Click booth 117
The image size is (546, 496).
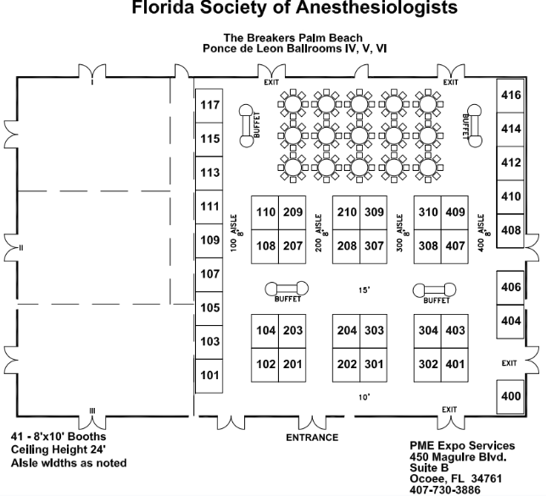209,105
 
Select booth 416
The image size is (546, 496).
510,96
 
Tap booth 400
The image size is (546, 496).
510,397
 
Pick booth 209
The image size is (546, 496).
292,212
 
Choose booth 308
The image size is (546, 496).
427,246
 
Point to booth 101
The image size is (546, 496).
209,376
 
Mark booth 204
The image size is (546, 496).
347,331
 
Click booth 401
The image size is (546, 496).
454,365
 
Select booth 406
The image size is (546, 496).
510,288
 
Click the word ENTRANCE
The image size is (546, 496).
312,438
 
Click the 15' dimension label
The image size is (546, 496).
365,289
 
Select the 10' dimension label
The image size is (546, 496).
365,397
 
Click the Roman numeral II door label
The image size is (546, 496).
21,248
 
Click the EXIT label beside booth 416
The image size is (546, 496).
450,82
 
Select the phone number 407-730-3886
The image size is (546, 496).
444,490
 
